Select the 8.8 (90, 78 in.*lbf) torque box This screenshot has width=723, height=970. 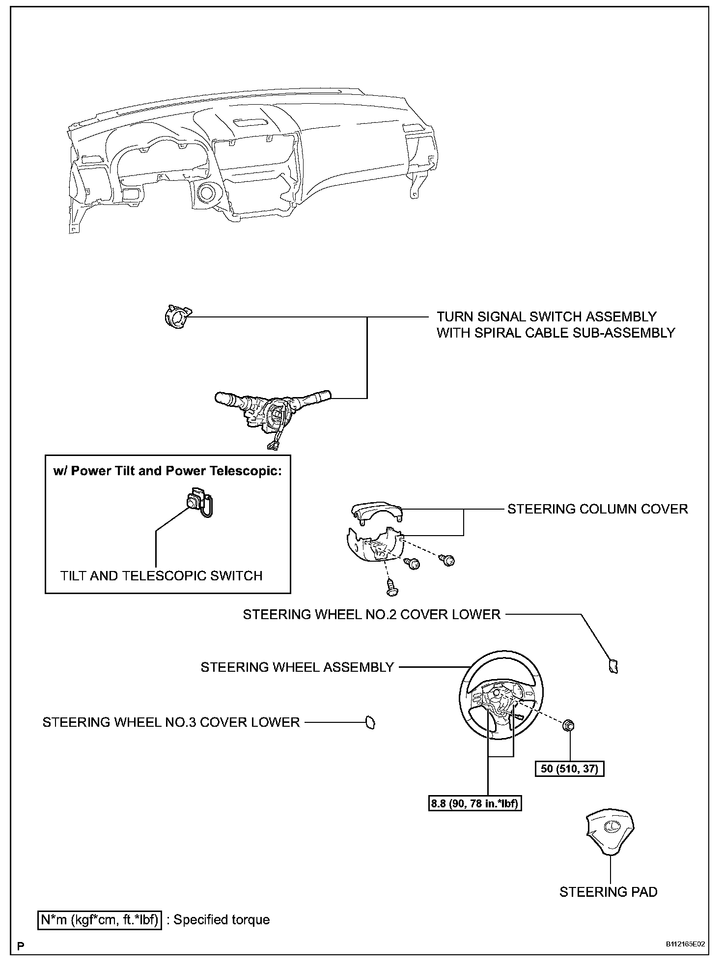tap(475, 804)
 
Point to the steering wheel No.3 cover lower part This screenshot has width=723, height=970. tap(369, 722)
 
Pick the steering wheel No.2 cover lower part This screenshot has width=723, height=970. tap(613, 666)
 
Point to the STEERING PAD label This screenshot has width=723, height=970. tap(608, 892)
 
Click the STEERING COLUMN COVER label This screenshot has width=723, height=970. tap(597, 509)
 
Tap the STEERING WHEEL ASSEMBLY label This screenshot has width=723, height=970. tap(297, 667)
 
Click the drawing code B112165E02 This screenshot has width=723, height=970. tap(685, 944)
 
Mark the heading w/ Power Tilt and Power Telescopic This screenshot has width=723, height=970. tap(167, 471)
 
